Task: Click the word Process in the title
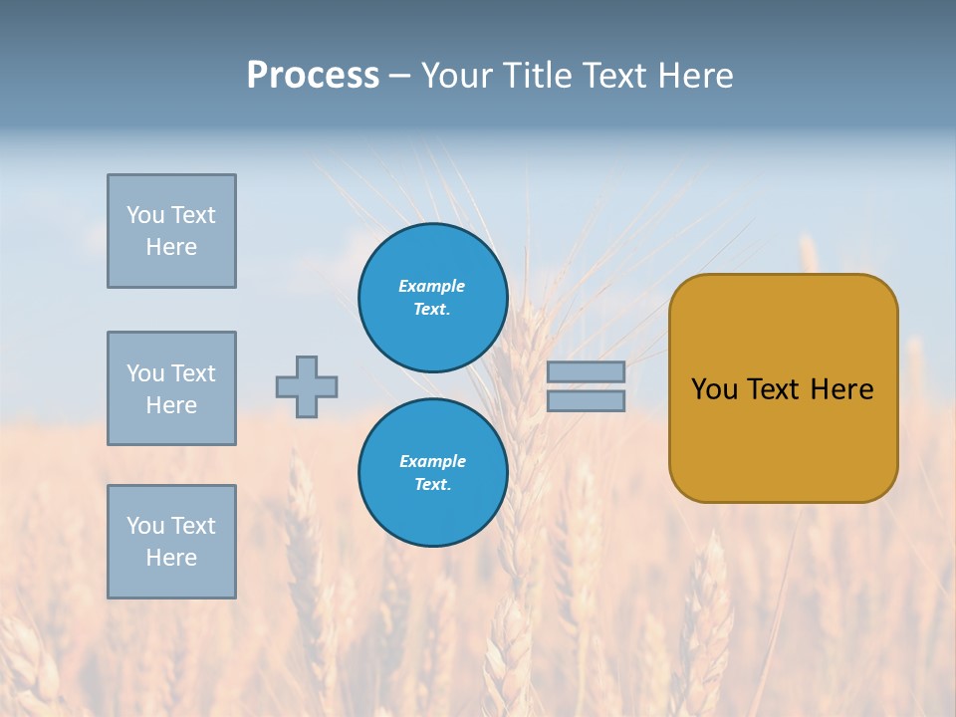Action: click(313, 76)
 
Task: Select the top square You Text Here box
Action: click(171, 231)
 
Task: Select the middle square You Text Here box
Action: click(171, 388)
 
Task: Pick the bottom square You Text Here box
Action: click(171, 542)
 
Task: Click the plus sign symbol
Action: click(307, 386)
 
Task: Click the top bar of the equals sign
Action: click(586, 371)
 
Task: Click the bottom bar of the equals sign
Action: click(586, 401)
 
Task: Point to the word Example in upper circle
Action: click(432, 286)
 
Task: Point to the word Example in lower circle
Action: click(432, 461)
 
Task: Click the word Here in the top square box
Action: click(171, 247)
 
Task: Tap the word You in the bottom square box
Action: click(145, 526)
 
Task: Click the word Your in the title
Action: click(456, 76)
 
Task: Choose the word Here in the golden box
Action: click(841, 389)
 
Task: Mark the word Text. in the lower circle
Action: click(432, 485)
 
